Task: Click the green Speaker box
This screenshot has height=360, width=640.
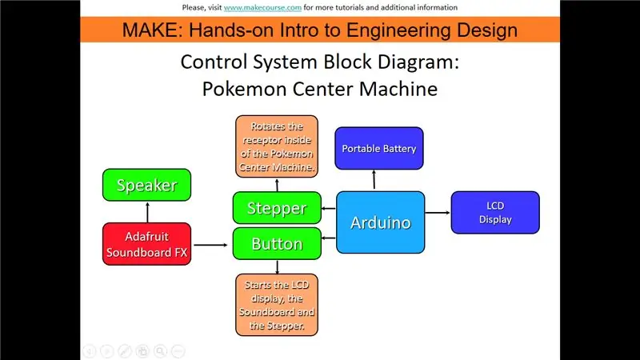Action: pos(146,185)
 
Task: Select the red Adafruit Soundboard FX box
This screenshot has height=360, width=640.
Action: pos(146,244)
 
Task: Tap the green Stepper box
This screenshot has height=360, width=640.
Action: pos(277,208)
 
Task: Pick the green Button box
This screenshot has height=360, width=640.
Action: pos(277,244)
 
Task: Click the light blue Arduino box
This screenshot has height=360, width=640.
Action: pos(381,222)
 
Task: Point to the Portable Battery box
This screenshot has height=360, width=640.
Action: pos(378,148)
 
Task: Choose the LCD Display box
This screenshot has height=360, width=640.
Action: pos(495,212)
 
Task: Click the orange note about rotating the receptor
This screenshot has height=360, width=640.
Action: pos(277,146)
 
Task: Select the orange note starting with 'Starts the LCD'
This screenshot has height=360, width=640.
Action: pos(277,305)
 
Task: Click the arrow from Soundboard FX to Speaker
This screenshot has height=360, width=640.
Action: pos(147,212)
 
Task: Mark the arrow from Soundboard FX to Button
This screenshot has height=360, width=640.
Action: pos(210,245)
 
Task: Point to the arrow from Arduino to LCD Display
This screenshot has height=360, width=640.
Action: pos(438,212)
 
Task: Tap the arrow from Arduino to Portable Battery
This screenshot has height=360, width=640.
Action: pos(374,180)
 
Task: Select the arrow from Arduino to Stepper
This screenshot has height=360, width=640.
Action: pos(329,209)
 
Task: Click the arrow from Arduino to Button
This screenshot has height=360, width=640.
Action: pos(329,238)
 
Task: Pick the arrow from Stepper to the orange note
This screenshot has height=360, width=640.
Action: pos(277,185)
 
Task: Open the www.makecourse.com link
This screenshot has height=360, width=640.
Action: pos(262,7)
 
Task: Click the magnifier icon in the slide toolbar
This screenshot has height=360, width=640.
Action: pos(161,351)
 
